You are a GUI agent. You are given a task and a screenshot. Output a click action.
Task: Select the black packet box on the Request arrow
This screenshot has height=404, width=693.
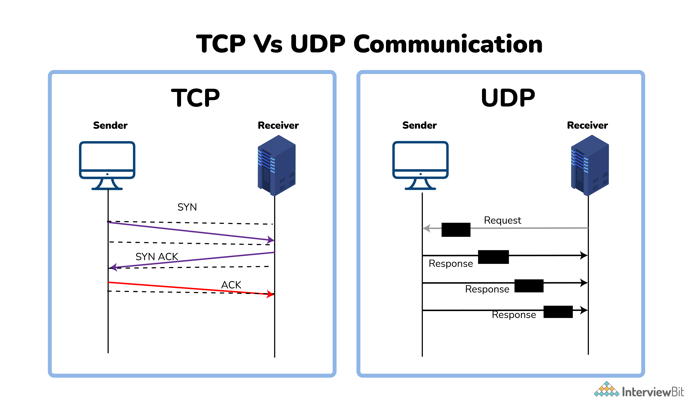pos(456,230)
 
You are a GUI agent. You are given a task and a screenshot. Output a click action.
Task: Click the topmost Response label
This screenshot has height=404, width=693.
pos(451,264)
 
